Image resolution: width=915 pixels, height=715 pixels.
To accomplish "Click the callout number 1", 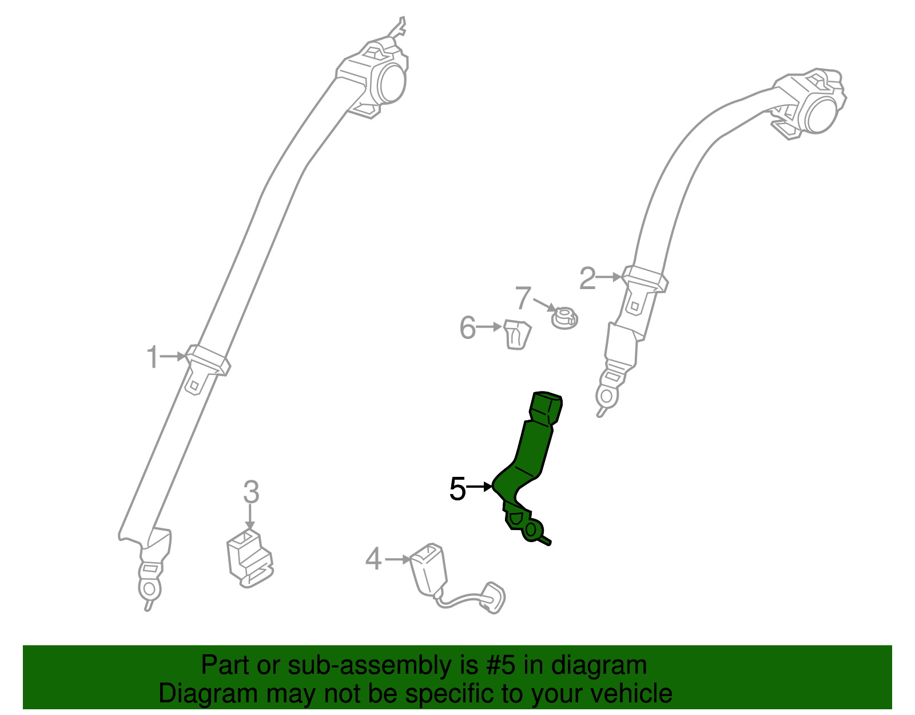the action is (x=152, y=357).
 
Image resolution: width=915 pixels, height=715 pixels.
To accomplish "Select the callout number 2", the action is (x=587, y=278).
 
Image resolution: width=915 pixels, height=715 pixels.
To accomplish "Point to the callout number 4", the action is (x=373, y=559).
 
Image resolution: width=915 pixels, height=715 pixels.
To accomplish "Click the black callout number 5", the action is (x=457, y=488).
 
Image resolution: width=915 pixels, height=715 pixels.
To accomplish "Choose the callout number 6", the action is (x=467, y=327).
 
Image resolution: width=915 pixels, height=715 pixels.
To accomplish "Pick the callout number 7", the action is (x=523, y=298).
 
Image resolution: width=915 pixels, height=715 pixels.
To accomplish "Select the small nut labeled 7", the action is (x=564, y=318).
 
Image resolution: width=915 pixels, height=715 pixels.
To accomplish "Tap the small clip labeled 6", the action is (x=518, y=334).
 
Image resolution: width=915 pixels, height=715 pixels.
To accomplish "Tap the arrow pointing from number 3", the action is (x=250, y=517).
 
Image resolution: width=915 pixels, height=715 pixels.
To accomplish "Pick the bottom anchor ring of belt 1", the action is (x=149, y=587).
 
